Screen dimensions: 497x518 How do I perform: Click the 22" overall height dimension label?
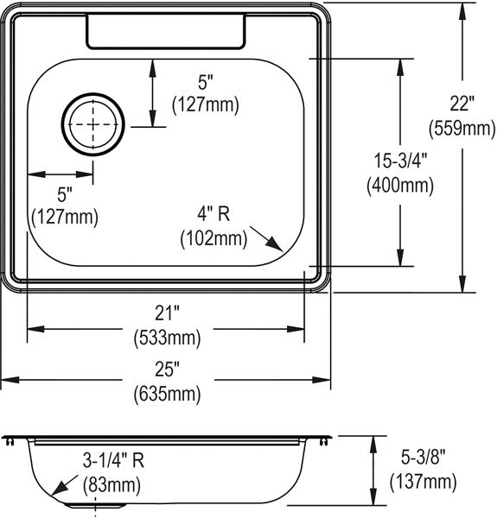coord(462,104)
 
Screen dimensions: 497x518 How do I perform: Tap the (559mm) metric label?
coord(462,128)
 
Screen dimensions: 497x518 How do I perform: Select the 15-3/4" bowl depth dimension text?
coord(400,161)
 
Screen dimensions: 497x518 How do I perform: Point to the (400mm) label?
coord(400,185)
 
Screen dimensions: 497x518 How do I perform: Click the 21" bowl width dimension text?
coord(167,313)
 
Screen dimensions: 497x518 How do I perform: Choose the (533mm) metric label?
coord(167,338)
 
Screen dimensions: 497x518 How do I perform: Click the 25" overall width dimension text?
coord(167,369)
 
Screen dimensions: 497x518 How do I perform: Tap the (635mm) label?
coord(167,394)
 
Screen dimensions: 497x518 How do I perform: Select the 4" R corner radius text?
coord(213,214)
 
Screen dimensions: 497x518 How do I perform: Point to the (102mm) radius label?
coord(213,238)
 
